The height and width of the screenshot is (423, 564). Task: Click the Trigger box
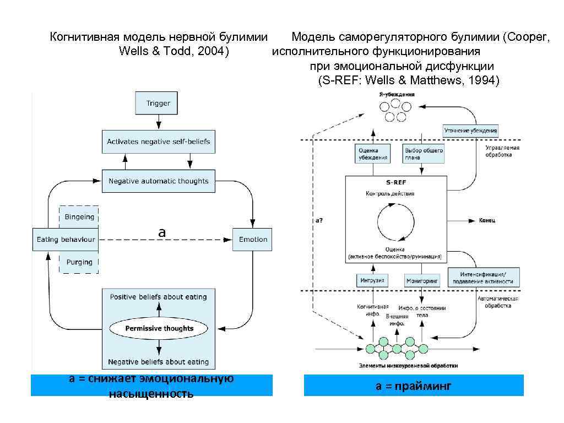[x=158, y=103]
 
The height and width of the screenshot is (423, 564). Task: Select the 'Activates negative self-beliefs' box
[x=158, y=142]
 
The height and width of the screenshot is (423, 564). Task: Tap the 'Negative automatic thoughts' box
[x=159, y=181]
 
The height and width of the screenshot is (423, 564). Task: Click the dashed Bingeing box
[x=79, y=217]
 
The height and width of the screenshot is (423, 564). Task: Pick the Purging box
[x=79, y=262]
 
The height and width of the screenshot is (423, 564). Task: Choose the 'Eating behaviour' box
[x=66, y=240]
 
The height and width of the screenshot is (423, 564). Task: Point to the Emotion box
[x=253, y=240]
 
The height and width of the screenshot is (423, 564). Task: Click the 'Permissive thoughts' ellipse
[x=159, y=328]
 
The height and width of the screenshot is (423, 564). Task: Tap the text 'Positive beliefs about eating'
[x=159, y=297]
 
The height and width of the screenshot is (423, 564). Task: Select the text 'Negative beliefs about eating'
[x=159, y=362]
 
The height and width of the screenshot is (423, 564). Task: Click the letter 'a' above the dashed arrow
[x=162, y=233]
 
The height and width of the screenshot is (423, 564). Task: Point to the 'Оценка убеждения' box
[x=372, y=154]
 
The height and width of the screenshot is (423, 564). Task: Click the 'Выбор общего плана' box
[x=424, y=154]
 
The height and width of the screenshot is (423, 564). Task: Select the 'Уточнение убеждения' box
[x=471, y=131]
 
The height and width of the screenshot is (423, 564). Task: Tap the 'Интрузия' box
[x=372, y=280]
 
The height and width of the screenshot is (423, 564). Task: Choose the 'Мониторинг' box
[x=423, y=280]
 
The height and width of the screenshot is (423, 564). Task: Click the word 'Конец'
[x=486, y=220]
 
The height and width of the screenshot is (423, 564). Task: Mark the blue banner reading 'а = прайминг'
[x=414, y=386]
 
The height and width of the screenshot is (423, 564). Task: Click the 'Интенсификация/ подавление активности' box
[x=483, y=278]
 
